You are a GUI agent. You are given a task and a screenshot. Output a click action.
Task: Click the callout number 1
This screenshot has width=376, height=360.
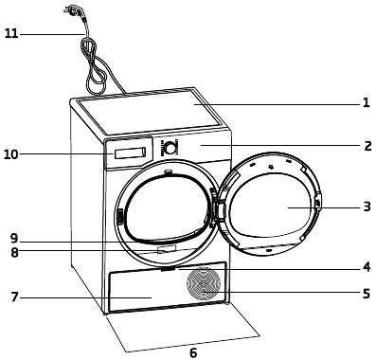[x=366, y=103]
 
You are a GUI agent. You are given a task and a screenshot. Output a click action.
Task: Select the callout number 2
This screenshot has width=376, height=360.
[x=366, y=147]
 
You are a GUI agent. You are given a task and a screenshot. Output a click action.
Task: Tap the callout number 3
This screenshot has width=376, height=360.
[x=366, y=206]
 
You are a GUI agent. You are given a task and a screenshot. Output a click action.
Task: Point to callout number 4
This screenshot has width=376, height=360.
[x=366, y=266]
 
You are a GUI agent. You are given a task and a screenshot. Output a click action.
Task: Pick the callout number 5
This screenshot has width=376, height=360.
[x=366, y=294]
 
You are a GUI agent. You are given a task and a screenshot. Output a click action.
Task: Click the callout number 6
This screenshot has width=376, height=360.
[x=192, y=352]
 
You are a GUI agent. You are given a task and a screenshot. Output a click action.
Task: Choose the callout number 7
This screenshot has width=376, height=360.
[x=14, y=297]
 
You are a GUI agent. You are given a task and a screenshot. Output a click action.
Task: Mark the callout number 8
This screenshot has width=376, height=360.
[x=14, y=252]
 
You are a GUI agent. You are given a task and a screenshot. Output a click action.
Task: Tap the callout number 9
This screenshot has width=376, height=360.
[x=14, y=238]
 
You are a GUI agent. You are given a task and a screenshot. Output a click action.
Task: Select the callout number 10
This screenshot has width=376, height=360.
[x=11, y=153]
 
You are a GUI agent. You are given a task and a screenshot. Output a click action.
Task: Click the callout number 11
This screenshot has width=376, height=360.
[x=11, y=34]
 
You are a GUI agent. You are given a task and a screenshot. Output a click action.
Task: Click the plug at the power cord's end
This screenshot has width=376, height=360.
[x=70, y=10]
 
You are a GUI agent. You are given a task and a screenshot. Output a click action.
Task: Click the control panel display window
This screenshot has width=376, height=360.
[x=128, y=152]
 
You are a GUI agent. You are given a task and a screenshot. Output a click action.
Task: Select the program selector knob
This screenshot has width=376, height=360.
[x=170, y=148]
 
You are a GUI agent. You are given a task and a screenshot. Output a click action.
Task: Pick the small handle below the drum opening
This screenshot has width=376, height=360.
[x=168, y=250]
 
